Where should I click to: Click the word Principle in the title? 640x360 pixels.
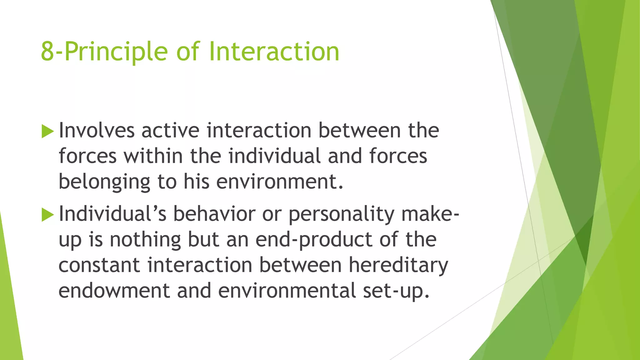pyautogui.click(x=116, y=52)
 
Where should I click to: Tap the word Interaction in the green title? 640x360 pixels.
pyautogui.click(x=274, y=51)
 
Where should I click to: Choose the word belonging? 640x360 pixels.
pyautogui.click(x=104, y=182)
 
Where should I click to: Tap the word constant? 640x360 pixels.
pyautogui.click(x=99, y=265)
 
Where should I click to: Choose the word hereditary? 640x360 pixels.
pyautogui.click(x=398, y=266)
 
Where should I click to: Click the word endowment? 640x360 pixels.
pyautogui.click(x=114, y=291)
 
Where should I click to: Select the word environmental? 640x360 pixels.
pyautogui.click(x=287, y=291)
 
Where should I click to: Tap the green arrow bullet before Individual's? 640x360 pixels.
pyautogui.click(x=47, y=215)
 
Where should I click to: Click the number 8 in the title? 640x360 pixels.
pyautogui.click(x=47, y=52)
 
